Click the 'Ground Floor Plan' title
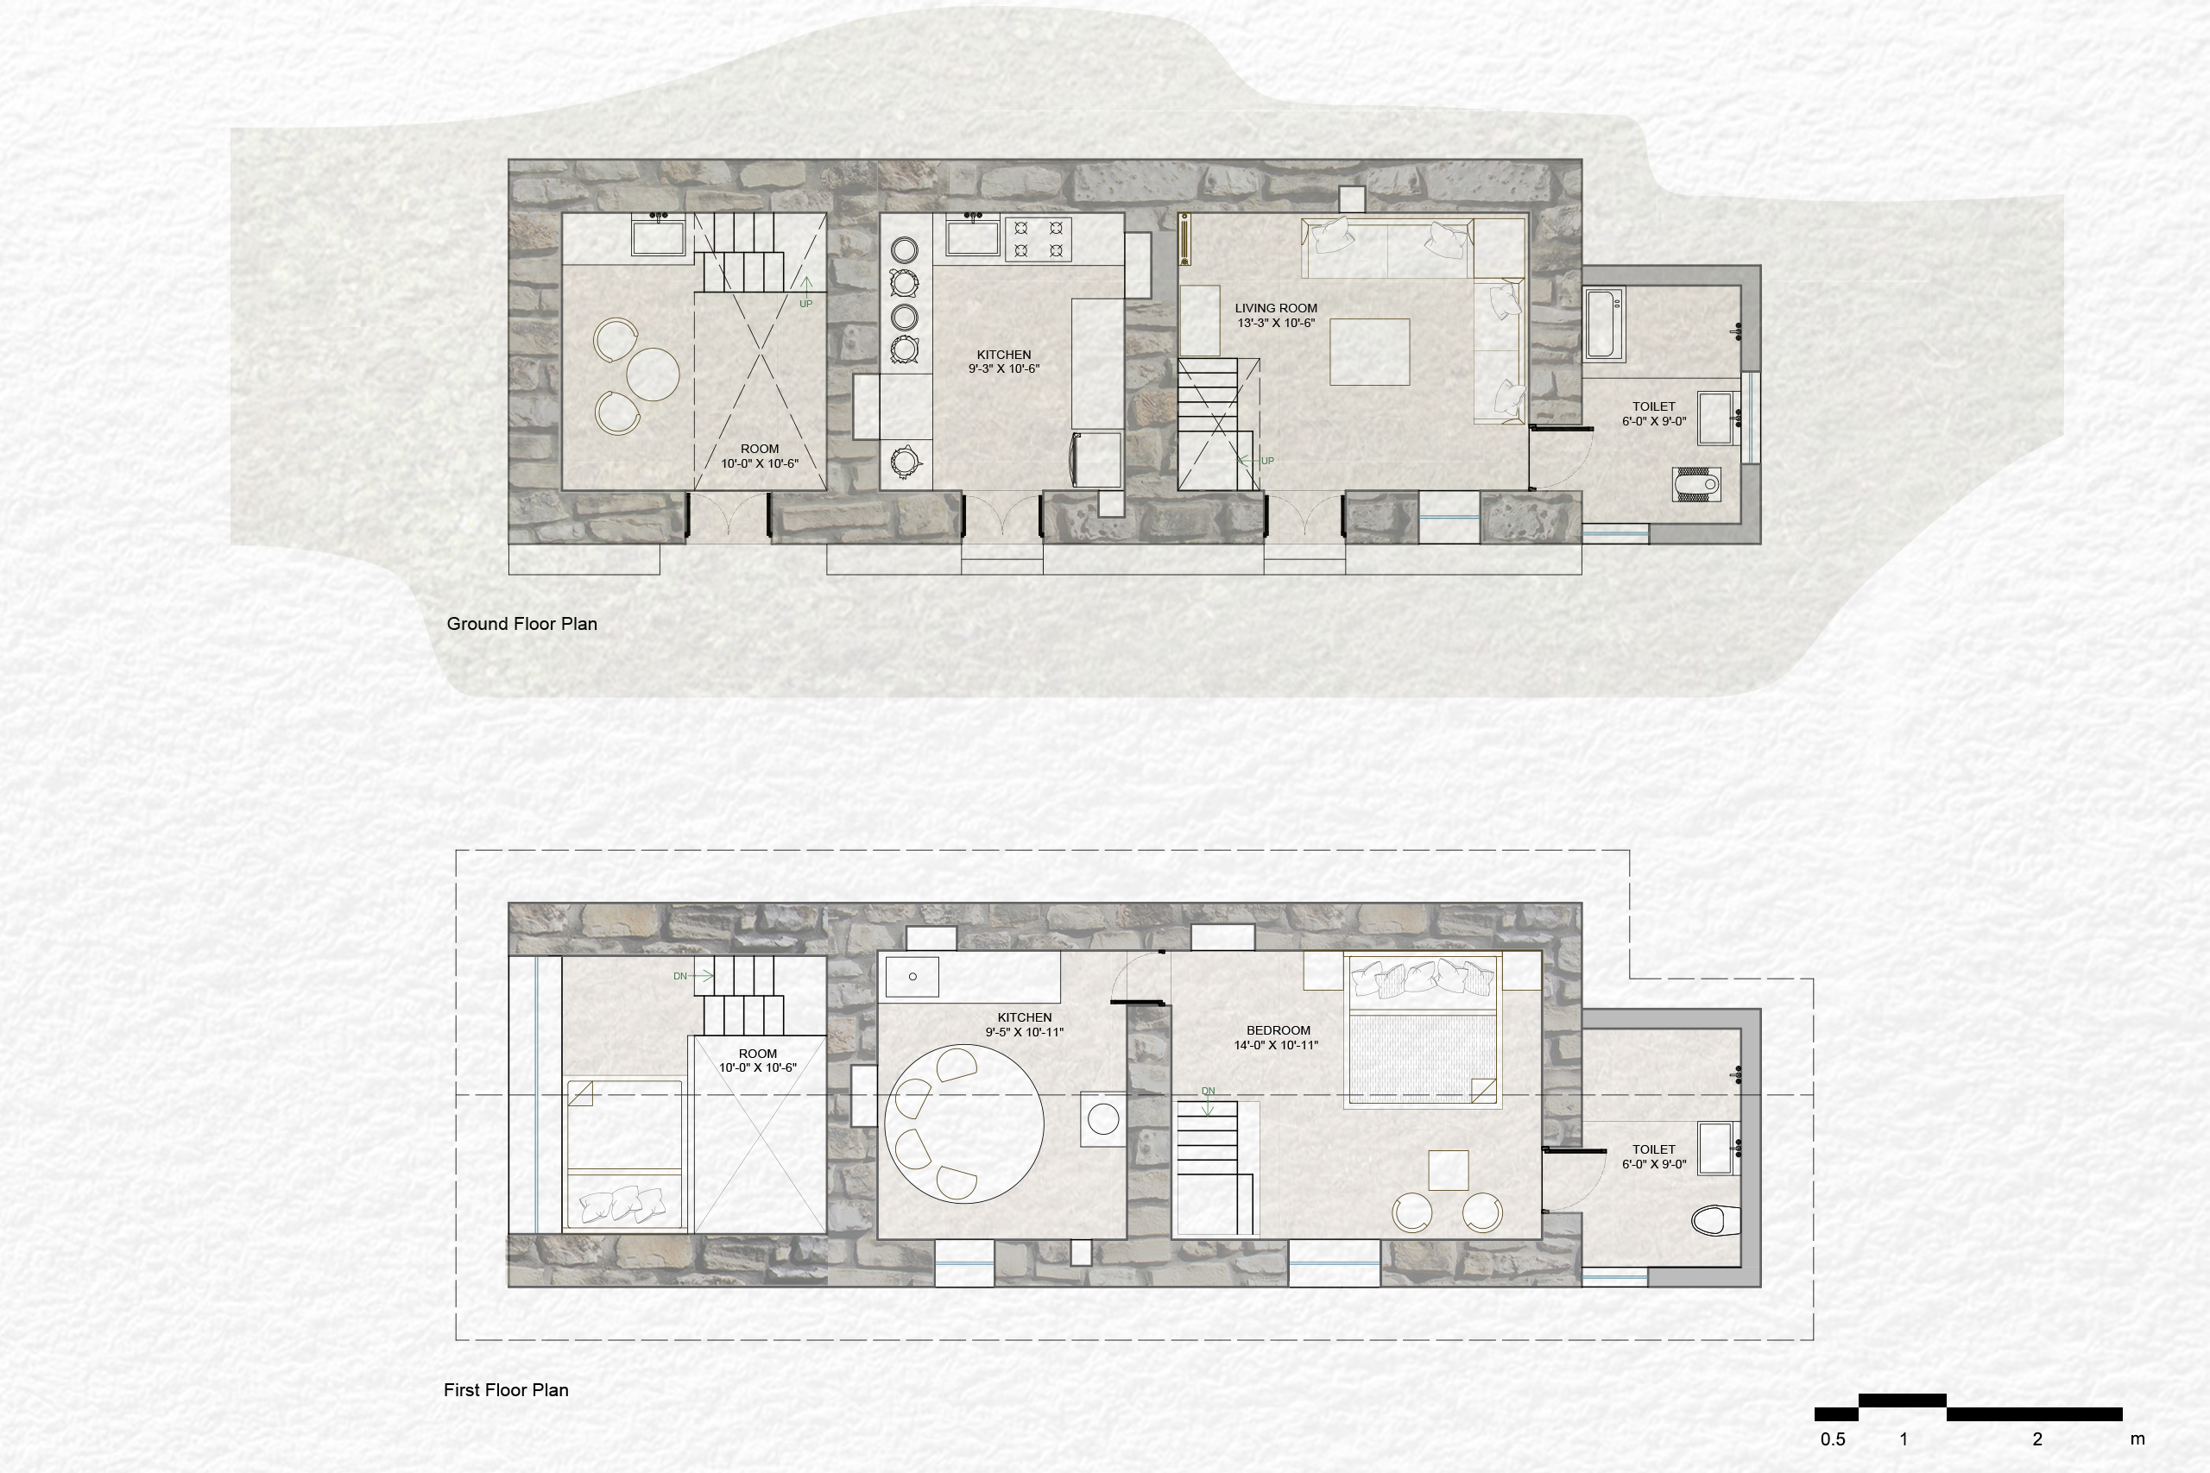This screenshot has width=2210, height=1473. pyautogui.click(x=521, y=624)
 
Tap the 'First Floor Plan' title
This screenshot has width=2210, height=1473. pyautogui.click(x=506, y=1390)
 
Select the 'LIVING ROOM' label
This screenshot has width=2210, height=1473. pyautogui.click(x=1276, y=308)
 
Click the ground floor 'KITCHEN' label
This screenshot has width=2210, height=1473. pyautogui.click(x=1003, y=354)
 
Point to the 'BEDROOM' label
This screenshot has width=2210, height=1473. pyautogui.click(x=1278, y=1030)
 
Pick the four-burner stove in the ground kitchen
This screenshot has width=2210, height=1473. pyautogui.click(x=1039, y=239)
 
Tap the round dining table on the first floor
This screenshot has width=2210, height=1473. pyautogui.click(x=964, y=1124)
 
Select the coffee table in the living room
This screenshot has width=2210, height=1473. pyautogui.click(x=1370, y=352)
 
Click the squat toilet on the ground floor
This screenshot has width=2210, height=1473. pyautogui.click(x=1697, y=484)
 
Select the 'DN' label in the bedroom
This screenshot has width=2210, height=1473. pyautogui.click(x=1209, y=1092)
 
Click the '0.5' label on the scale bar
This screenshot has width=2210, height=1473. pyautogui.click(x=1832, y=1439)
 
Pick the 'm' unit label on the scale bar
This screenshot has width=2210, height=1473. pyautogui.click(x=2137, y=1439)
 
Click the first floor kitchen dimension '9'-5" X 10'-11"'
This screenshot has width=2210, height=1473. pyautogui.click(x=1024, y=1032)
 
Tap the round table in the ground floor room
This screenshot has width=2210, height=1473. pyautogui.click(x=653, y=374)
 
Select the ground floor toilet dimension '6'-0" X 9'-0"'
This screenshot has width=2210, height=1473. pyautogui.click(x=1654, y=422)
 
